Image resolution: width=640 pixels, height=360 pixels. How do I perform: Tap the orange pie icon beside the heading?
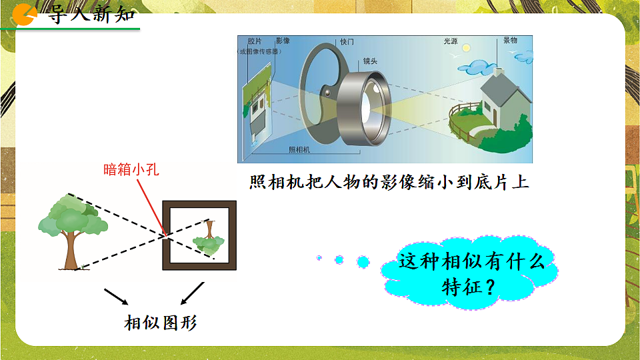point(25,13)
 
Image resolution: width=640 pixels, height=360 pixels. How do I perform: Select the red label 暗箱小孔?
point(131,169)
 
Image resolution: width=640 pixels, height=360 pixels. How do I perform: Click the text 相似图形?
point(161,323)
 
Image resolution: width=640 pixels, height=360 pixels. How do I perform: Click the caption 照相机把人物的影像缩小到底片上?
point(389,183)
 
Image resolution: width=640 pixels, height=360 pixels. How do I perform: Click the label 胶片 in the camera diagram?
point(254,41)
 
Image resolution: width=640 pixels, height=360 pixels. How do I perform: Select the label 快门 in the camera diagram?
point(347,41)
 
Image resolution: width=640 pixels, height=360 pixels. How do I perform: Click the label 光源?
point(451,41)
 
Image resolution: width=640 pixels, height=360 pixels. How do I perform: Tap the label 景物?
point(510,41)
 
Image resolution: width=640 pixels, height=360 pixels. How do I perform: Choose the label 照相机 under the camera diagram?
point(299,149)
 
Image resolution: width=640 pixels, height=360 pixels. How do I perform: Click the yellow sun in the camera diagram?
point(467,49)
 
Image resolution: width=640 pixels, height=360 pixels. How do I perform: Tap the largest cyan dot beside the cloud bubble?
point(363,261)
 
